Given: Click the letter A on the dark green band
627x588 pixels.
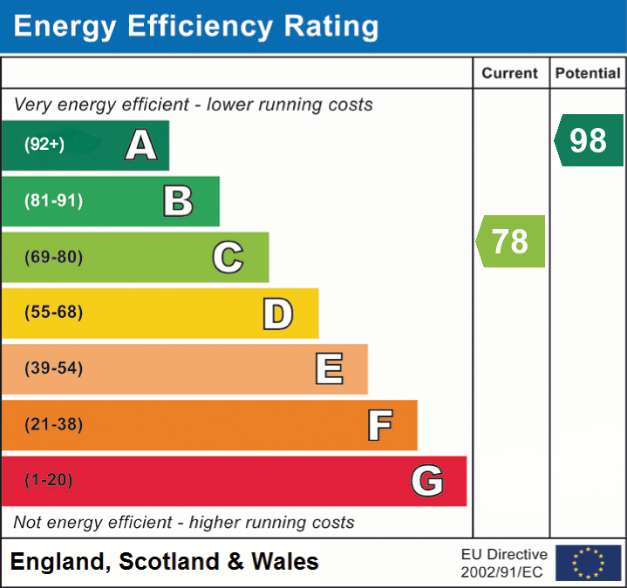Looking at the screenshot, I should coord(141,145).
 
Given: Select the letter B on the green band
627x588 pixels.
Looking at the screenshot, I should coord(178,201).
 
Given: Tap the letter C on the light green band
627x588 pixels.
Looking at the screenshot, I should coord(228,258).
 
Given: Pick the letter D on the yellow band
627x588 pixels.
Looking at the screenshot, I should coord(277,314).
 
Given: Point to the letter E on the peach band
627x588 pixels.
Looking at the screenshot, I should coord(329,369).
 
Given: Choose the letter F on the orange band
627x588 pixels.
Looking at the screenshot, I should coord(379,425).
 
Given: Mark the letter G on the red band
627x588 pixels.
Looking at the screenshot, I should coord(427,481).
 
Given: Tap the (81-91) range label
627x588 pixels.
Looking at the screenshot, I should coord(54,201).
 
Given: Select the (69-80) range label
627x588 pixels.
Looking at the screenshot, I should coord(54,258).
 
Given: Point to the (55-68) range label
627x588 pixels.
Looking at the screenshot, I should coord(54,313).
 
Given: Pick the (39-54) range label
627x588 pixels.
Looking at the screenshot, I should coord(54,368).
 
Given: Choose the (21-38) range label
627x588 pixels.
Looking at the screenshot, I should coord(54,425).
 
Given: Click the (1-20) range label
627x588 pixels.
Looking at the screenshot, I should coord(49,481).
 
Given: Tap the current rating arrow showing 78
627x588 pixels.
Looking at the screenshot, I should coord(511,241).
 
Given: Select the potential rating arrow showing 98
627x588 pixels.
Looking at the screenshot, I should coord(589,140).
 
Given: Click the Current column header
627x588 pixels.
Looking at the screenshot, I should coord(510,74).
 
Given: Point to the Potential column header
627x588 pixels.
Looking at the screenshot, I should coord(588,74).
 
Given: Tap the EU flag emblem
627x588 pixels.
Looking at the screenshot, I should coord(588,563).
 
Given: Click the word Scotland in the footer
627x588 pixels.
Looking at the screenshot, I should coord(169,562).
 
